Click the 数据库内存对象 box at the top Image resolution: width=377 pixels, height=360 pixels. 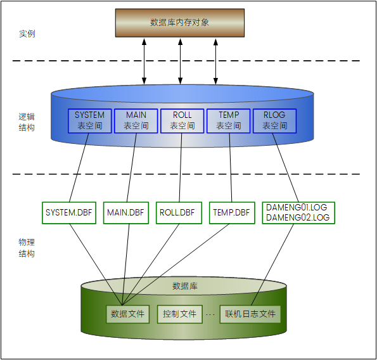(x=180, y=23)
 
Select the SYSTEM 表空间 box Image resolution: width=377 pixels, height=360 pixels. (x=90, y=120)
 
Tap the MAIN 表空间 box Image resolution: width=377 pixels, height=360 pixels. (x=136, y=120)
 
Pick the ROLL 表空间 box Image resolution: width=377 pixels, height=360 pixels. (x=182, y=120)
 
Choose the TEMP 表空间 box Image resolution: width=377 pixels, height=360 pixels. (x=229, y=120)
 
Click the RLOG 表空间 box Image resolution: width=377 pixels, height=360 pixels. (x=274, y=120)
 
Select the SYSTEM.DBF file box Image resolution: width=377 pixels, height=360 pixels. (x=69, y=212)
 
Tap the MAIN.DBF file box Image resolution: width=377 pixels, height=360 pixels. (x=125, y=212)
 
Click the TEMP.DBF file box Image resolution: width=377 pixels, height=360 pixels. (x=231, y=212)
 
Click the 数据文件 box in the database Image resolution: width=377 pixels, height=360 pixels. (x=127, y=313)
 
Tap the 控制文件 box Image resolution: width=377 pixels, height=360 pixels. (x=179, y=313)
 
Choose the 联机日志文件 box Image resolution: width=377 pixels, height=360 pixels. (x=250, y=313)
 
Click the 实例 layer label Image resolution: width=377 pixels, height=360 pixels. (x=27, y=33)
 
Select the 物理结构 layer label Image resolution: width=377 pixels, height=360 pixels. (x=27, y=248)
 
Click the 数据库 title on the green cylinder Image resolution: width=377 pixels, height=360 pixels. (x=185, y=286)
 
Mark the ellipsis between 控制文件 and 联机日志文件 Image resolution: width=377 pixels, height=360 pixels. (x=210, y=314)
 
